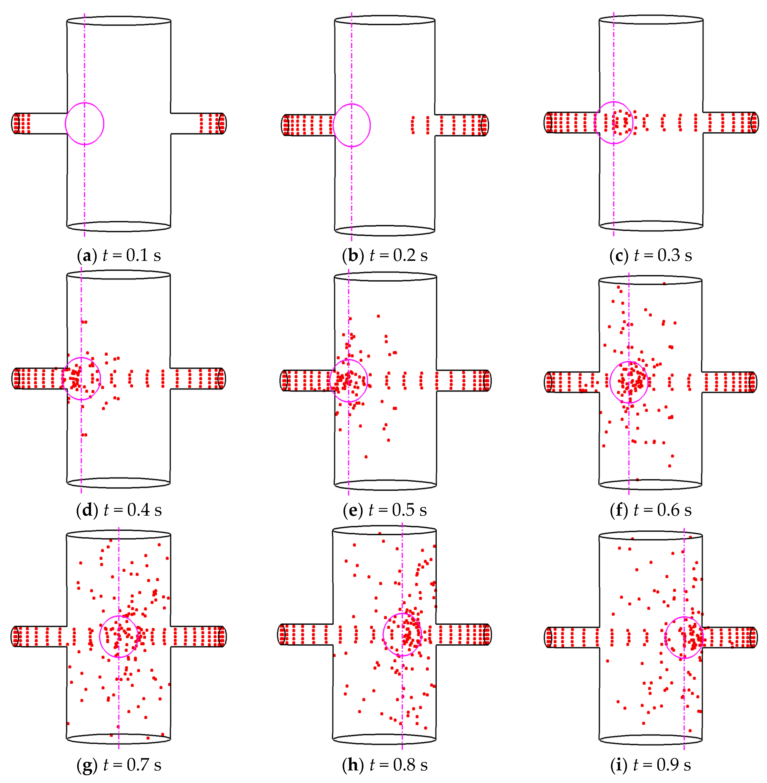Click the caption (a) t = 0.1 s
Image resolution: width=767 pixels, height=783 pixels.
(119, 255)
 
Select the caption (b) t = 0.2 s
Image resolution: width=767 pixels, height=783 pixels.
(385, 255)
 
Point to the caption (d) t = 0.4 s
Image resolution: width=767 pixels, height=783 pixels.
(119, 510)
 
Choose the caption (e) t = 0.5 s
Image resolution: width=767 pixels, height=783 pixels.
(385, 510)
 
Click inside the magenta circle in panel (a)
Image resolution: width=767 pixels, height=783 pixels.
(85, 124)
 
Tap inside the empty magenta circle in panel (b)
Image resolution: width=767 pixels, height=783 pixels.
(352, 125)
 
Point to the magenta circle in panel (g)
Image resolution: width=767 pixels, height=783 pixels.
(119, 636)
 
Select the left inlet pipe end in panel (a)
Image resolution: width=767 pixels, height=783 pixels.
(16, 123)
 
